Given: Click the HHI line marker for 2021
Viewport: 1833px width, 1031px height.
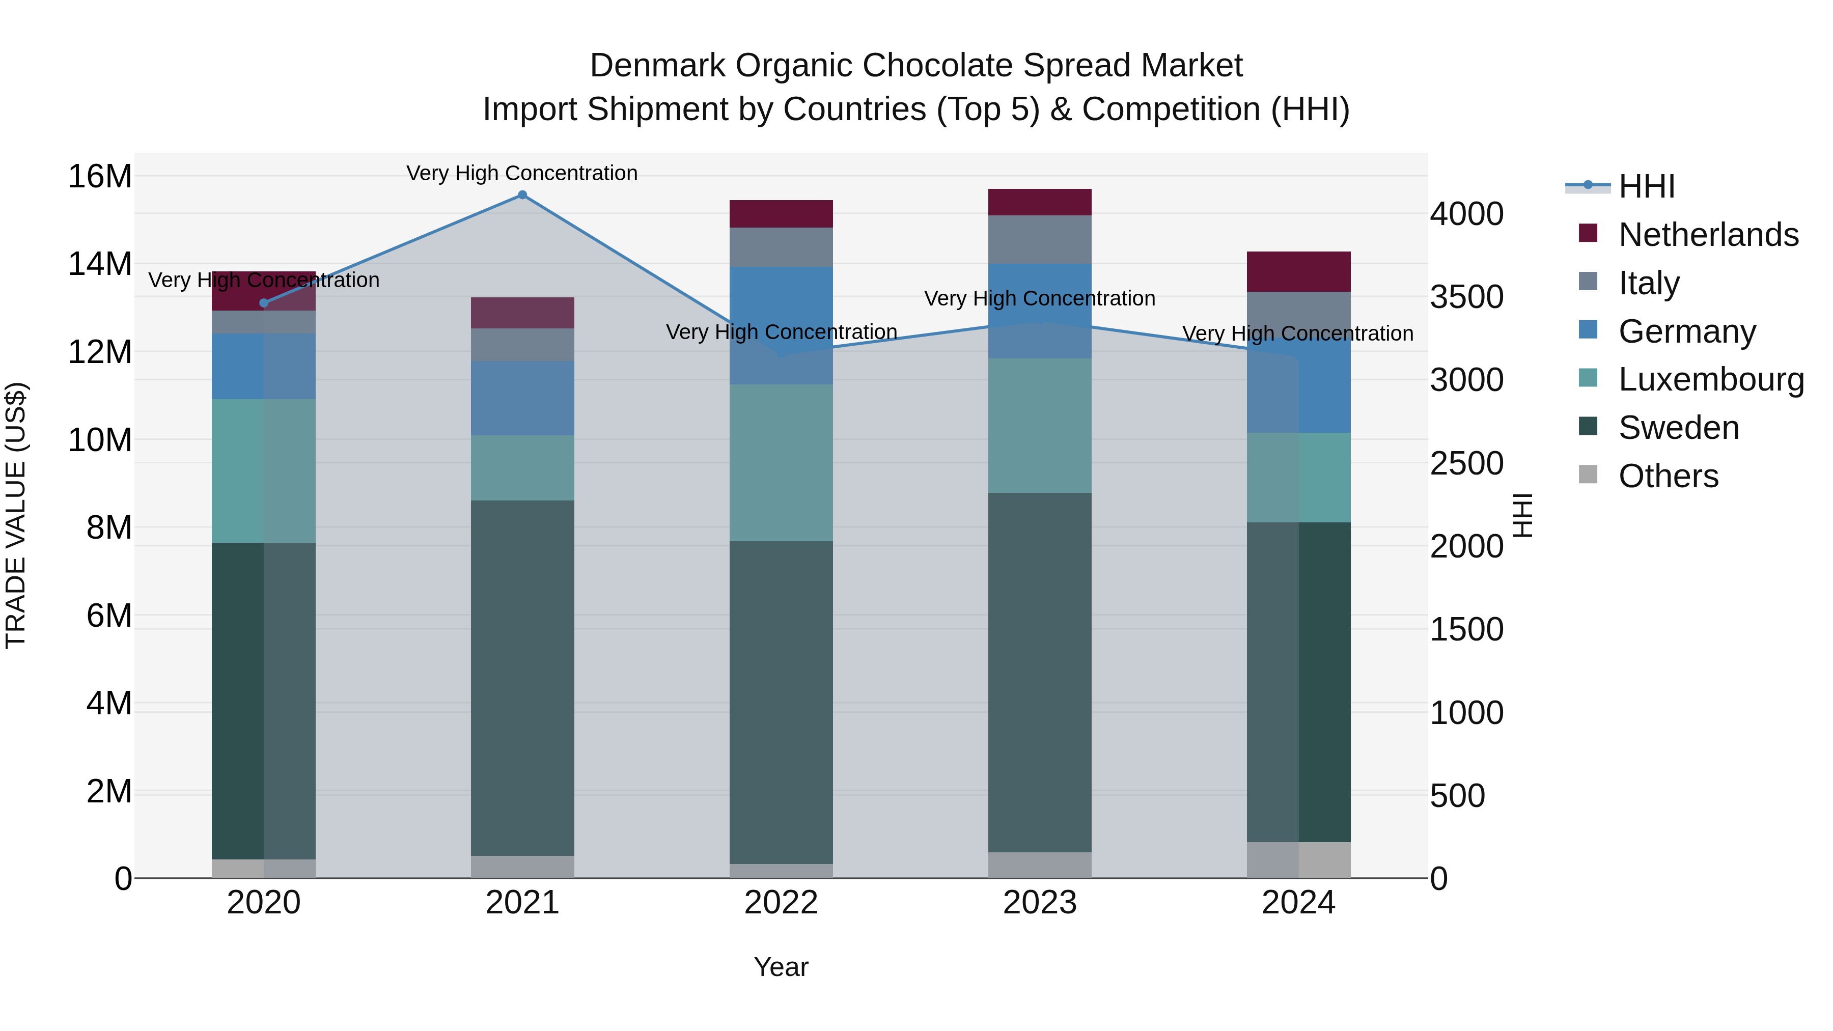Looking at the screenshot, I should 522,195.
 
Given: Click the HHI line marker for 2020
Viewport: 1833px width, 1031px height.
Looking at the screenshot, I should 264,303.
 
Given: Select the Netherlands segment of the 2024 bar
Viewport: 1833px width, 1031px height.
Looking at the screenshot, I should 1298,272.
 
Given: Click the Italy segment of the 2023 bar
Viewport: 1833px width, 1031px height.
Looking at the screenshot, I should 1040,240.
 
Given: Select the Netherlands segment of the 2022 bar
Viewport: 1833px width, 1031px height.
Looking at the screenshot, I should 781,214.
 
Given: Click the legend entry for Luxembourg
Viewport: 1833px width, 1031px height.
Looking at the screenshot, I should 1711,379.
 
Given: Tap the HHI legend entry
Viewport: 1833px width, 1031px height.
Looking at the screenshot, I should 1646,186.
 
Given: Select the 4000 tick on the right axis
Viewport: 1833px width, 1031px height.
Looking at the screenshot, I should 1466,214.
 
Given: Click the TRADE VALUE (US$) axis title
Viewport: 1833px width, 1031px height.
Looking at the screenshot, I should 16,515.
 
